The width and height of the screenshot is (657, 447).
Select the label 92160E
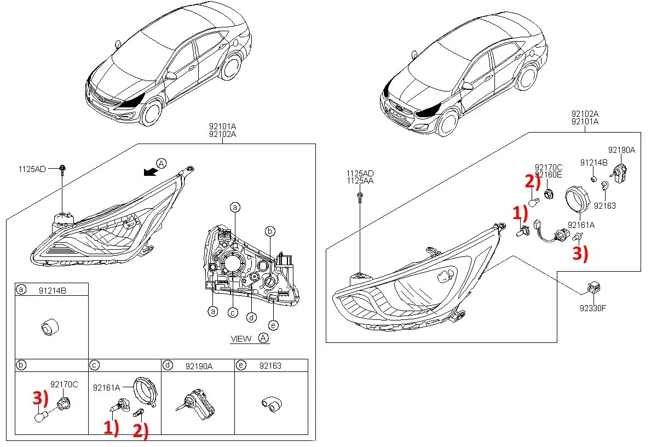549,175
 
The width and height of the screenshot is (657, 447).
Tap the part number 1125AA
360,180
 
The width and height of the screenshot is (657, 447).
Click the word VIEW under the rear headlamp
241,339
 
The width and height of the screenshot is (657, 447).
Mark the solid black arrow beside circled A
148,172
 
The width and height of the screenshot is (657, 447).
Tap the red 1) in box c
111,428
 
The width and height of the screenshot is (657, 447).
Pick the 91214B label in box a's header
53,290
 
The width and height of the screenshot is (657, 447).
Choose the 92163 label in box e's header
270,365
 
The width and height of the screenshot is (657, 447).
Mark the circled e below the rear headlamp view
273,325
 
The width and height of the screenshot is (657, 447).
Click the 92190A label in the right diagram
621,150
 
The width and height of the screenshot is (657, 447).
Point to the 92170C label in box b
64,385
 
